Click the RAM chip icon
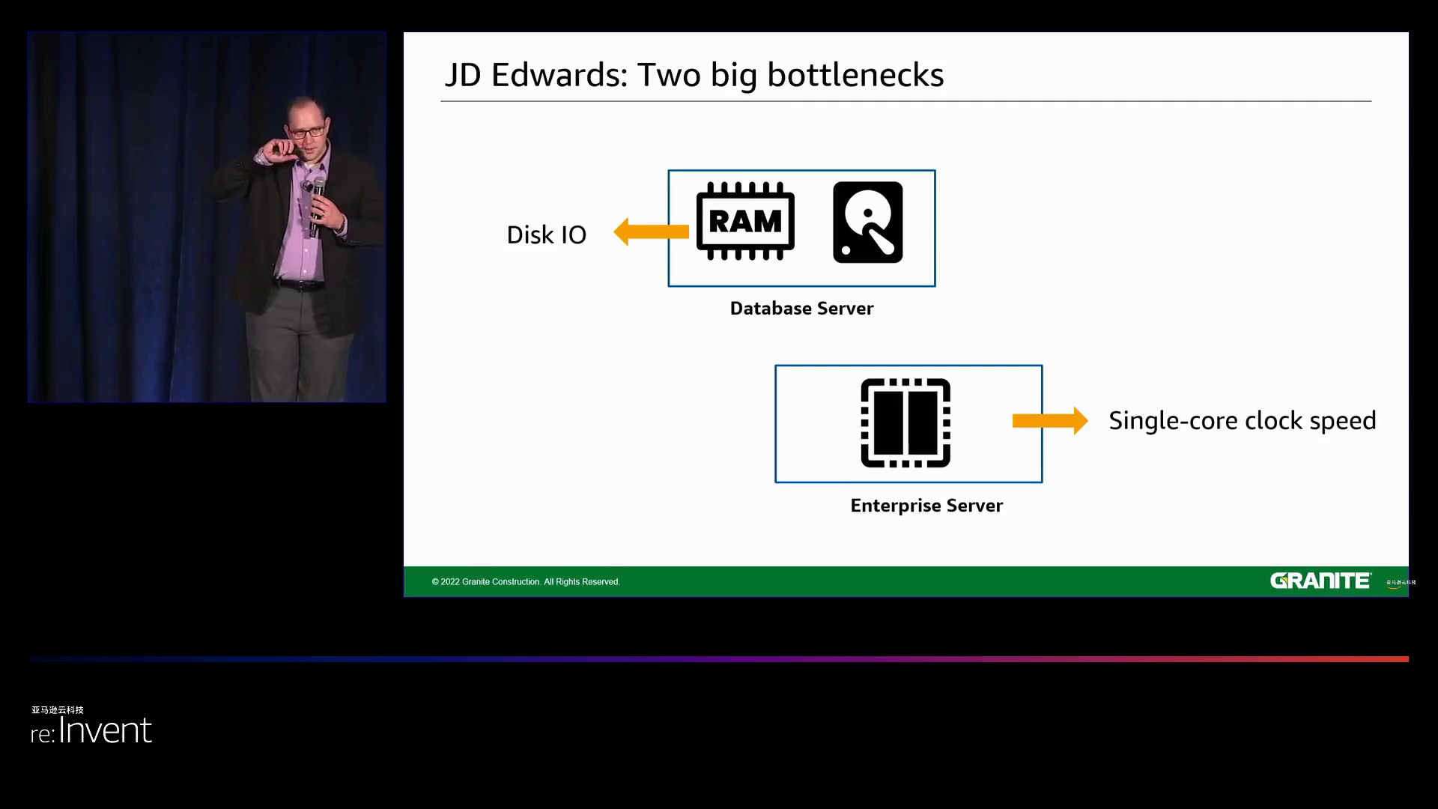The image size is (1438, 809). (745, 222)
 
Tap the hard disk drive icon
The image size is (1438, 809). (867, 222)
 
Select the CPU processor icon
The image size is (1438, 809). (905, 423)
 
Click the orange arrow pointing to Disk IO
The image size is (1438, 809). (651, 232)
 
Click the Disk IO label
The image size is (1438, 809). (546, 235)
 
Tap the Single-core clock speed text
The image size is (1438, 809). (1242, 421)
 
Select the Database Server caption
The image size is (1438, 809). (801, 309)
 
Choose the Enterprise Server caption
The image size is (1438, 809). (926, 506)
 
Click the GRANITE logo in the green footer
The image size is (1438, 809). (1320, 581)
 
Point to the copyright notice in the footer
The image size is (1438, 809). (526, 582)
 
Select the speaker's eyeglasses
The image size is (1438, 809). (307, 132)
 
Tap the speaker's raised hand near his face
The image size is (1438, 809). (279, 151)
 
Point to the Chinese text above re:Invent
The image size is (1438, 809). (58, 710)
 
